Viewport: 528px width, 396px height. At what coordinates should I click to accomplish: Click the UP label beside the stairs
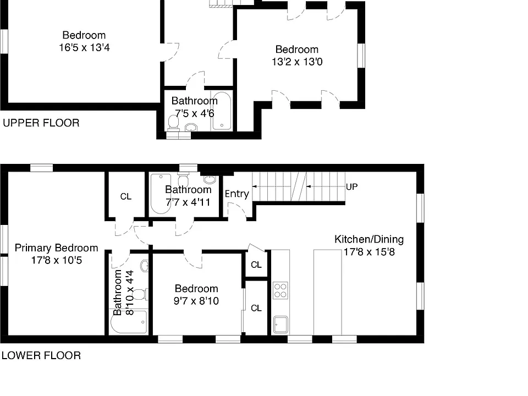[351, 186]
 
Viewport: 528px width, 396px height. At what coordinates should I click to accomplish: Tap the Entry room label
[237, 194]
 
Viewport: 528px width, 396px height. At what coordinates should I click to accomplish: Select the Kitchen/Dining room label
[369, 239]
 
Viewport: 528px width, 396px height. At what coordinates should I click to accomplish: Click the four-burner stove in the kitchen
[280, 290]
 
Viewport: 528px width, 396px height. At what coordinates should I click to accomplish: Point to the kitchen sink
[280, 324]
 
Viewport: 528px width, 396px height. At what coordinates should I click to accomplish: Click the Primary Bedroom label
[56, 248]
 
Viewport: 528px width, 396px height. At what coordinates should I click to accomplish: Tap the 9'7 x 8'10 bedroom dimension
[196, 301]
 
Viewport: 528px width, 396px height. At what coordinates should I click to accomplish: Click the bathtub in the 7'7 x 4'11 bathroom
[161, 194]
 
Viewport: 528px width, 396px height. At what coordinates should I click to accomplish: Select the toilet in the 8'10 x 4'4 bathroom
[139, 295]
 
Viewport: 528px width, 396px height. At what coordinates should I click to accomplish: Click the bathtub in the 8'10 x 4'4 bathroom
[129, 322]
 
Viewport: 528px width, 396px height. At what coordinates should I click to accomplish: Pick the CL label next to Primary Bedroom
[125, 196]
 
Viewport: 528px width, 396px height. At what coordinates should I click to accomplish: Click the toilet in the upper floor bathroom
[173, 122]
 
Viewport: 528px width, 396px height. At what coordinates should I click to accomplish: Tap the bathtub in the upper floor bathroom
[221, 111]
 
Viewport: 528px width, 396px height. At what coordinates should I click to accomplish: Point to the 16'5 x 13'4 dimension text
[84, 47]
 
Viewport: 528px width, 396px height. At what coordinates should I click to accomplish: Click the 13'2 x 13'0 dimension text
[297, 62]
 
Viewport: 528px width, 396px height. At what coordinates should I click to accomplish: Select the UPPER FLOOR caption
[41, 123]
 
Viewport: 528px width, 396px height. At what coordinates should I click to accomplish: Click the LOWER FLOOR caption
[41, 356]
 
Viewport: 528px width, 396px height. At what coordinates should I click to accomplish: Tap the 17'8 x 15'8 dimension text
[369, 252]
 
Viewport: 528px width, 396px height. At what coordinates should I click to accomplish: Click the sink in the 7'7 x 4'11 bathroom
[210, 179]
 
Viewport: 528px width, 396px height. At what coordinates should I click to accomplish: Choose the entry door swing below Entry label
[237, 211]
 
